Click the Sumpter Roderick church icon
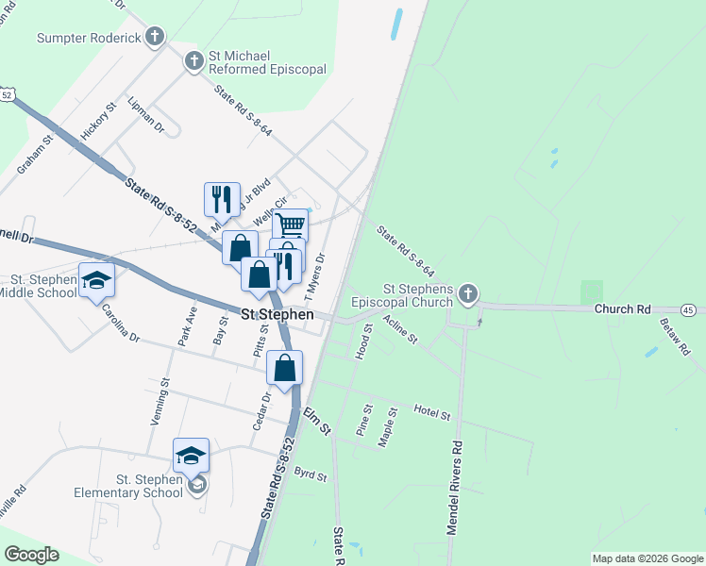[155, 38]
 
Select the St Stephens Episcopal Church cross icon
[467, 296]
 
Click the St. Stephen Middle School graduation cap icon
[95, 280]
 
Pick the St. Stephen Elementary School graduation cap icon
[191, 456]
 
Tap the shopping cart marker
[291, 225]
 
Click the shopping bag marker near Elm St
[285, 368]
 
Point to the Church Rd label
[622, 309]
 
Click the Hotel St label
[432, 412]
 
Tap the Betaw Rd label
[678, 338]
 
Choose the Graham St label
[32, 155]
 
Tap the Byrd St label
[310, 474]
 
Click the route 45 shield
[688, 309]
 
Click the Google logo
[31, 555]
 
